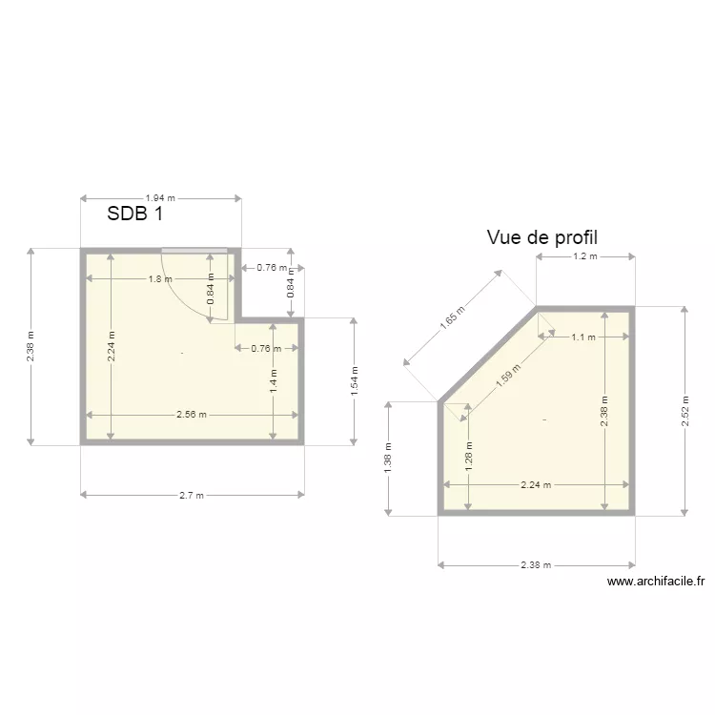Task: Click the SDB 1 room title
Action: click(134, 214)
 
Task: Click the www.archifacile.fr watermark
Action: click(655, 581)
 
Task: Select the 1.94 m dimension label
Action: click(160, 198)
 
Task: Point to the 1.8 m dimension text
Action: click(159, 279)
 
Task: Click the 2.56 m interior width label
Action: click(193, 415)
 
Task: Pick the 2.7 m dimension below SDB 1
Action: click(193, 495)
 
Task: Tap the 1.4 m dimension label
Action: click(274, 382)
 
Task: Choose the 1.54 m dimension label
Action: click(354, 381)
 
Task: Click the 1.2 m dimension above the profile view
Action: click(584, 256)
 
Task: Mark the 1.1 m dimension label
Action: click(582, 337)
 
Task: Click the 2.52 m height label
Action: click(684, 411)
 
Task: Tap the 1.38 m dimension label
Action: click(388, 459)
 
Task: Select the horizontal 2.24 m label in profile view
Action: click(535, 484)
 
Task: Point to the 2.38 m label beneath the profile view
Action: click(536, 564)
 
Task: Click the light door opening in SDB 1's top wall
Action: click(194, 251)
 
